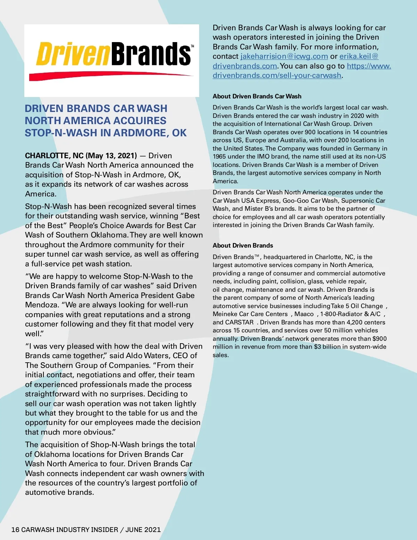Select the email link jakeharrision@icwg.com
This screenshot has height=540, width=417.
point(284,56)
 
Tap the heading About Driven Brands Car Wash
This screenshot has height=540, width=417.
point(257,96)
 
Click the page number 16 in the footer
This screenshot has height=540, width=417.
point(15,530)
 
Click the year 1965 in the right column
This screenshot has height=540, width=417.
point(220,157)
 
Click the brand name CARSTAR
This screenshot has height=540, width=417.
point(239,322)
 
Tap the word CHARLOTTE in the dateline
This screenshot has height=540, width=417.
point(47,155)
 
